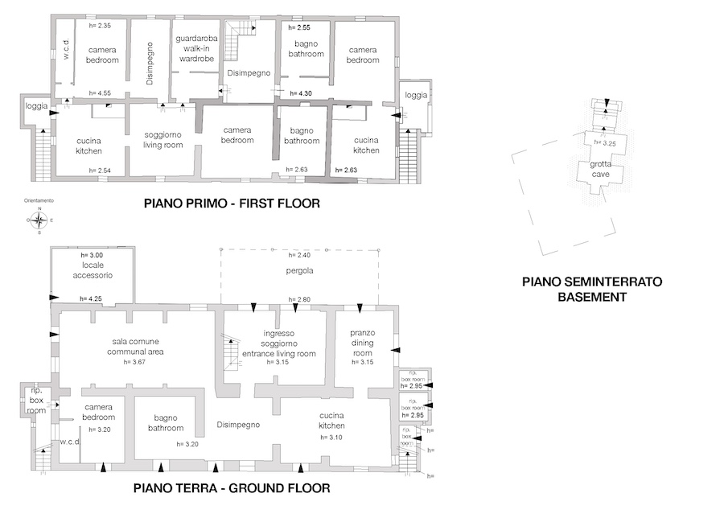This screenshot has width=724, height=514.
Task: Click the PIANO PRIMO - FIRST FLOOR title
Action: pyautogui.click(x=232, y=204)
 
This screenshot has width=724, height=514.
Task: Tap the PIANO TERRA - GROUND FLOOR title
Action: pyautogui.click(x=232, y=488)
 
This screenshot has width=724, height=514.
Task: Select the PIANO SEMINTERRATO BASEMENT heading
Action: pyautogui.click(x=591, y=290)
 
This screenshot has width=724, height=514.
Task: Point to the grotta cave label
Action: pyautogui.click(x=601, y=169)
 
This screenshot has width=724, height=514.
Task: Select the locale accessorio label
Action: pyautogui.click(x=91, y=270)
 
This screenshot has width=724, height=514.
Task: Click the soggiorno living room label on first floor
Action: pyautogui.click(x=163, y=140)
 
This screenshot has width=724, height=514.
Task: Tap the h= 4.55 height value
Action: pyautogui.click(x=101, y=93)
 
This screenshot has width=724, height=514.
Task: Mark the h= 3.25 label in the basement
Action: pyautogui.click(x=604, y=142)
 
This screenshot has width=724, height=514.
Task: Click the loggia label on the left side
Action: pyautogui.click(x=36, y=106)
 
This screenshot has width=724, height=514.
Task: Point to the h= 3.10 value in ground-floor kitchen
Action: pyautogui.click(x=331, y=437)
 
